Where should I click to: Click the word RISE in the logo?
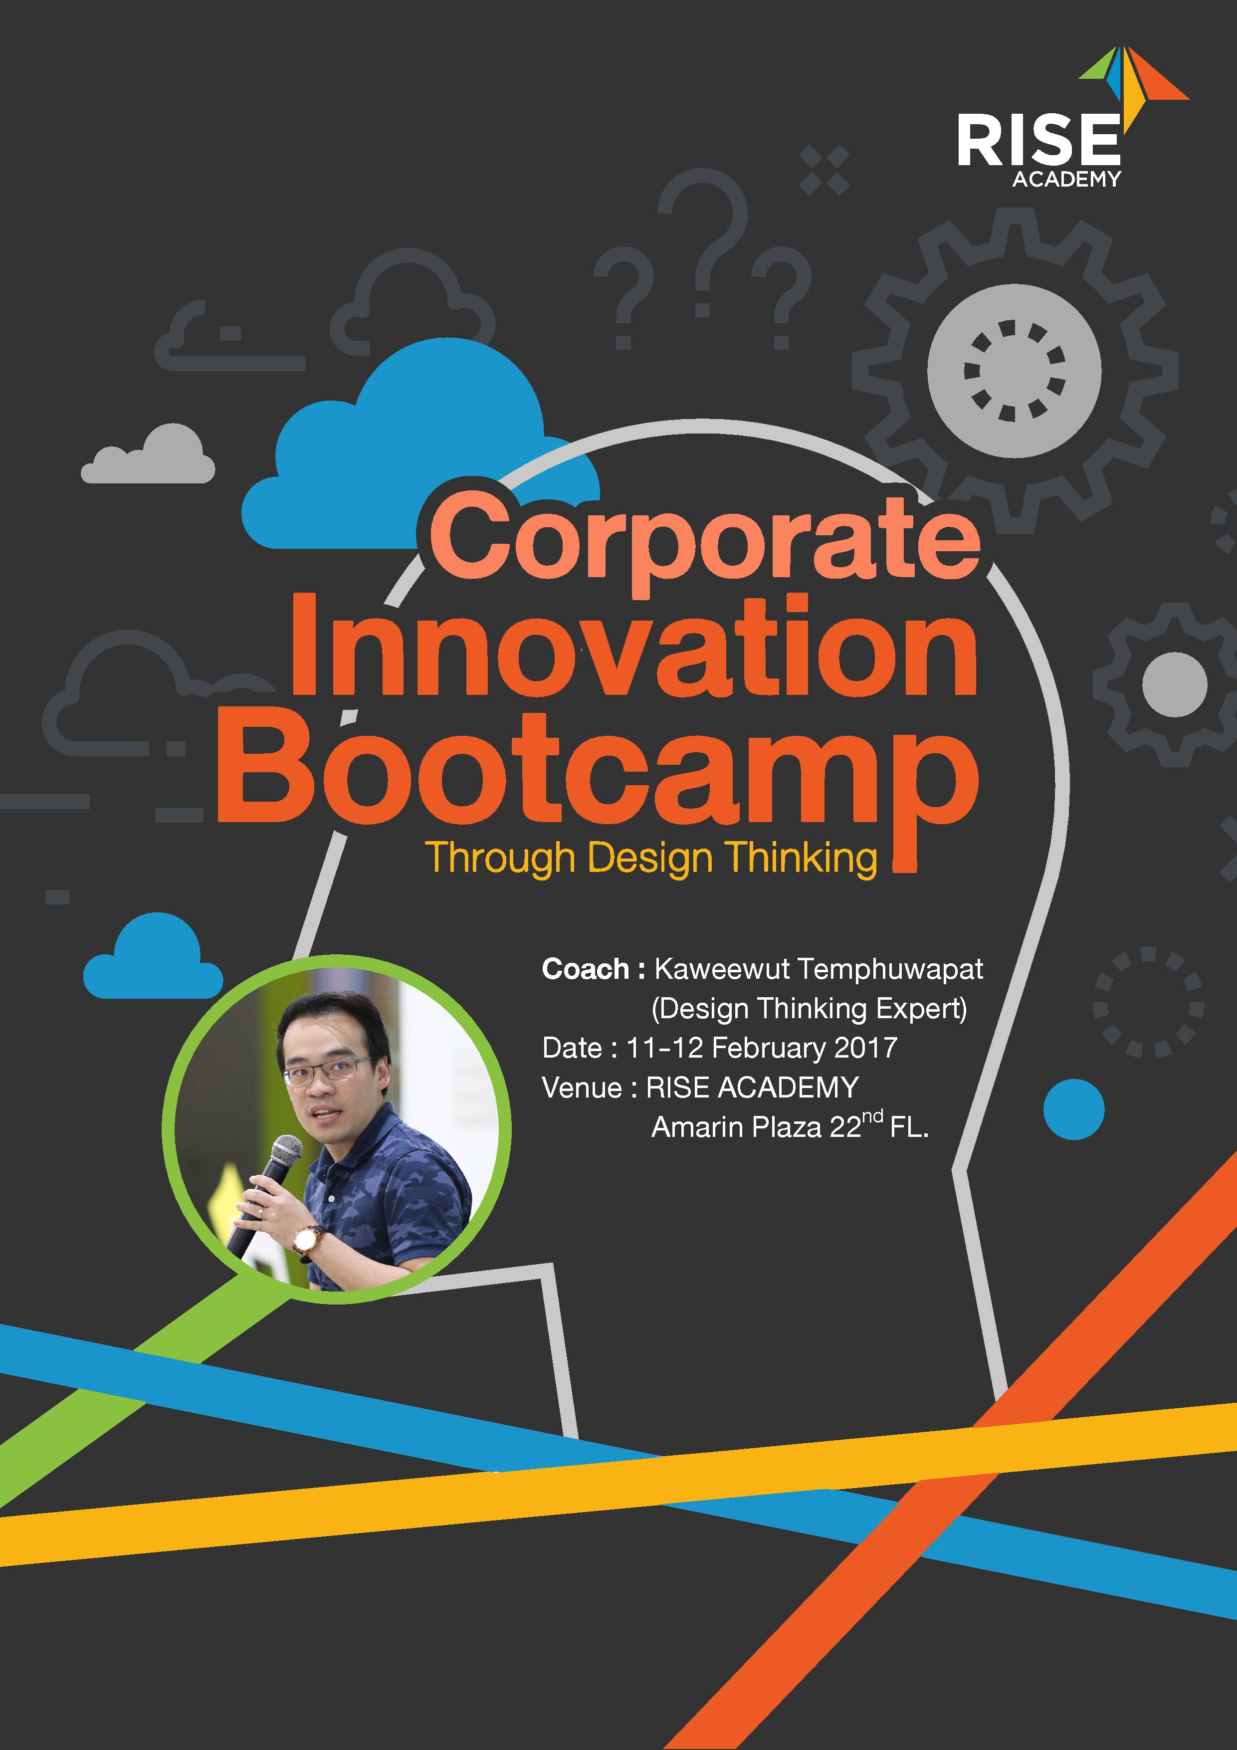[x=1039, y=140]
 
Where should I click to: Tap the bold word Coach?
[x=586, y=969]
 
